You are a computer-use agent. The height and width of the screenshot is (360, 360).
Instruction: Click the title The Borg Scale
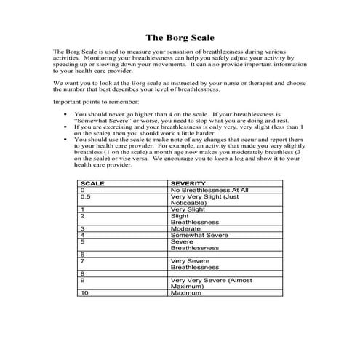point(180,36)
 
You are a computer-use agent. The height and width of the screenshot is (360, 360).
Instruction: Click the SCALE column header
point(91,183)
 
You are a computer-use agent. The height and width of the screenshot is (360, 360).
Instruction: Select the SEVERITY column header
point(187,183)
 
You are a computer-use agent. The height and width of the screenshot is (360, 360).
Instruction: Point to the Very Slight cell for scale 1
point(187,209)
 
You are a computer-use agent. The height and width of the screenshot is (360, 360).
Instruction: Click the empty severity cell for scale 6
point(218,254)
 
